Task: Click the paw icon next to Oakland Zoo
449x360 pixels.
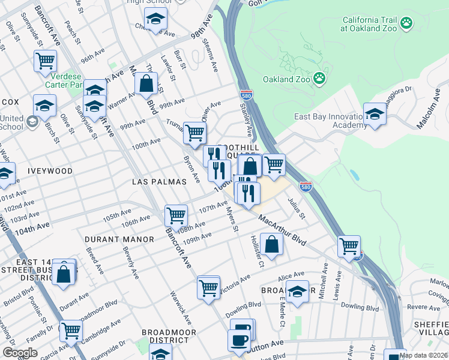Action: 320,79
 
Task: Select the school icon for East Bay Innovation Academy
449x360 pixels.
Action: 375,113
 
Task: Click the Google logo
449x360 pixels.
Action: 20,353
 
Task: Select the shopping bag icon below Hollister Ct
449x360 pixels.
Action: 272,244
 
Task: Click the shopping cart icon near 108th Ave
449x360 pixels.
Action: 176,214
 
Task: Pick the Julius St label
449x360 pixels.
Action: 297,208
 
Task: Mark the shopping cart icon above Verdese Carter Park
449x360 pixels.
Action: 45,61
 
